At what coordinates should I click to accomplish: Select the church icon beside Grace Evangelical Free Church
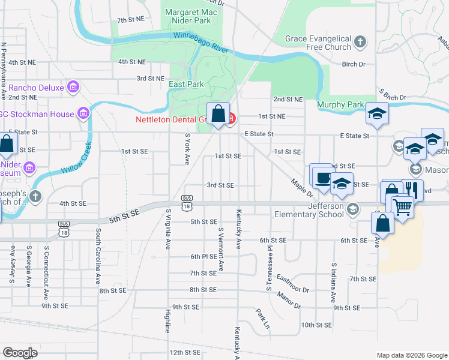point(360,42)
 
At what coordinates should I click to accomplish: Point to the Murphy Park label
point(340,104)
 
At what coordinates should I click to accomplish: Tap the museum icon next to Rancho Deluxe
point(74,88)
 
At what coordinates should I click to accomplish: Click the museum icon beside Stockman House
point(83,113)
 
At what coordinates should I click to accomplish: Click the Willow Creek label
point(75,157)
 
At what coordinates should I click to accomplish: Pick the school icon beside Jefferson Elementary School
point(352,209)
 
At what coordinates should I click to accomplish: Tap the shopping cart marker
point(403,208)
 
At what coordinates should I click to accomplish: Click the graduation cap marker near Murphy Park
point(376,113)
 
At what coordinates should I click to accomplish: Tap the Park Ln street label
point(262,319)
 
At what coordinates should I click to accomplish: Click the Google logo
point(20,353)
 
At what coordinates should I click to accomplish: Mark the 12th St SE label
point(184,352)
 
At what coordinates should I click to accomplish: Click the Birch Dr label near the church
point(353,64)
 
